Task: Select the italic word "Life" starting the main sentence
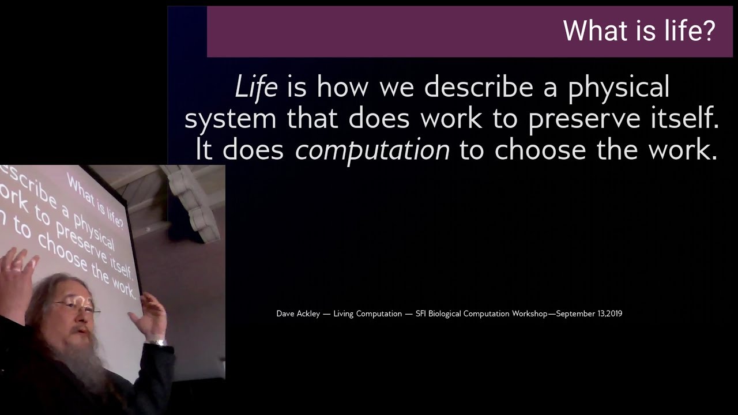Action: [x=256, y=87]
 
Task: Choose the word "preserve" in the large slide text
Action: [x=585, y=119]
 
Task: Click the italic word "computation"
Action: [x=372, y=150]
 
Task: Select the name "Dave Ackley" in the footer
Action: [x=298, y=314]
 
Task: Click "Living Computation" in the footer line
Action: [x=367, y=314]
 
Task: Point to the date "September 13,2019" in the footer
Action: [x=589, y=314]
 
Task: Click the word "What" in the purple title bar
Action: [x=597, y=31]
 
